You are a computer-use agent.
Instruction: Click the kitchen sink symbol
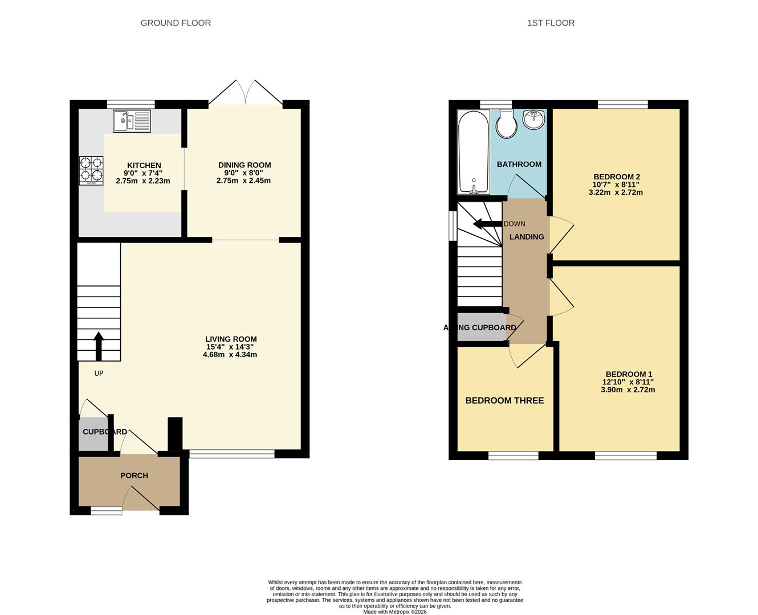pyautogui.click(x=132, y=121)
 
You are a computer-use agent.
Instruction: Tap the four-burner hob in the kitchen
pyautogui.click(x=91, y=171)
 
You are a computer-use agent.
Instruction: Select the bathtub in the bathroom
pyautogui.click(x=473, y=152)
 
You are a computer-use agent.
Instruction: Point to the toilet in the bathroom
pyautogui.click(x=507, y=124)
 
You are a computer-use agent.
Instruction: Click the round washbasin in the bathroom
pyautogui.click(x=534, y=119)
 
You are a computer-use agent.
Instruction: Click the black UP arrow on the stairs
pyautogui.click(x=99, y=346)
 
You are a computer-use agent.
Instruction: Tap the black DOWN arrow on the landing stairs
pyautogui.click(x=487, y=224)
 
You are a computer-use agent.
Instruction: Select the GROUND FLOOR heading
pyautogui.click(x=176, y=23)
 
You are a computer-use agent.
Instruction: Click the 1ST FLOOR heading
pyautogui.click(x=551, y=23)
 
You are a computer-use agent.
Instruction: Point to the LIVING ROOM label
pyautogui.click(x=231, y=339)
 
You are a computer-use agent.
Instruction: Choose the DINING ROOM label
pyautogui.click(x=244, y=165)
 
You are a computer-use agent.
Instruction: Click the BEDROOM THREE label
pyautogui.click(x=504, y=401)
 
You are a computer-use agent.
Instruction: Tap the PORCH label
pyautogui.click(x=134, y=475)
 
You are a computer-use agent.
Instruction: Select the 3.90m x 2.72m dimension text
pyautogui.click(x=628, y=389)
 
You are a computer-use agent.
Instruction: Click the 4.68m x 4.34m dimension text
pyautogui.click(x=230, y=354)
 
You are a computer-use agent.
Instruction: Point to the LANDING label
pyautogui.click(x=527, y=237)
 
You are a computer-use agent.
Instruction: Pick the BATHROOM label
pyautogui.click(x=519, y=164)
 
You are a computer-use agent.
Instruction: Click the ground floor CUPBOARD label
pyautogui.click(x=105, y=432)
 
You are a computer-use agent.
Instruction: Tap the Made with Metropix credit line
pyautogui.click(x=394, y=612)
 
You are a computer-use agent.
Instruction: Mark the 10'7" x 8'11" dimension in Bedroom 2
pyautogui.click(x=616, y=184)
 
